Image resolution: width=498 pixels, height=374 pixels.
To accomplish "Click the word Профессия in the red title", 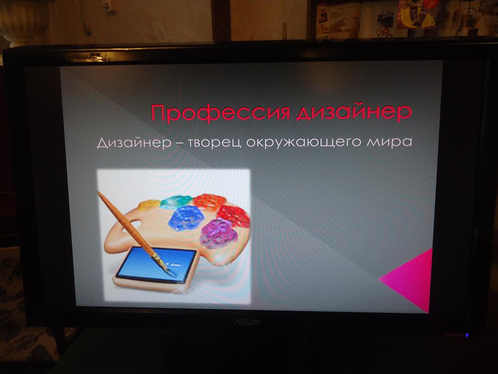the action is (220, 112).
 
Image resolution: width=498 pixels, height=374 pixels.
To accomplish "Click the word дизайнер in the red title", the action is (354, 112).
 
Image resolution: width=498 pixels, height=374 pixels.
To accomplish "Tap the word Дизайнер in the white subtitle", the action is (134, 143).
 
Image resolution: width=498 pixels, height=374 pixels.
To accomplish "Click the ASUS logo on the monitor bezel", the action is (248, 322).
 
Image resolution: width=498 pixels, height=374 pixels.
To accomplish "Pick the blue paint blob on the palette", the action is (186, 217).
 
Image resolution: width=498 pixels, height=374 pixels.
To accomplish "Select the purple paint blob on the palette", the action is (219, 234).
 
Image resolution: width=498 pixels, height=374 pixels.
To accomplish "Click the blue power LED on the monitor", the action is (467, 335).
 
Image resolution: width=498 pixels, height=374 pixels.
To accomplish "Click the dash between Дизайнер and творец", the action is (180, 144).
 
